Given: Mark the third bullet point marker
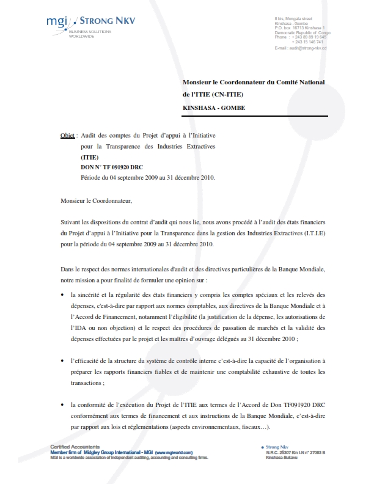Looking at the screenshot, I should tap(64, 405).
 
